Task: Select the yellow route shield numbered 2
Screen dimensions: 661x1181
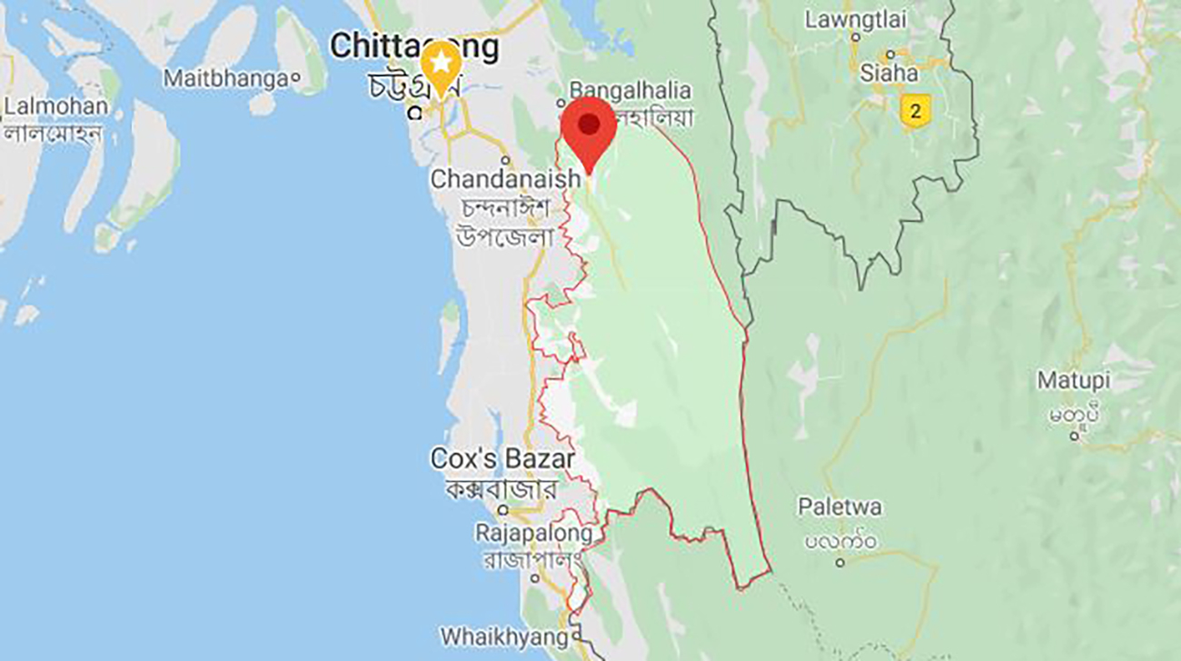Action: (915, 112)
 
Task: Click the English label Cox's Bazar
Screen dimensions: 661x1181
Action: (502, 459)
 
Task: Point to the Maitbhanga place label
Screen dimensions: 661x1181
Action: (225, 79)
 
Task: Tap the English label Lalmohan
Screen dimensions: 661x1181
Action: (55, 106)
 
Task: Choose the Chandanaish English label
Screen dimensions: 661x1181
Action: (504, 179)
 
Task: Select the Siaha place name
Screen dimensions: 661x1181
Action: (888, 74)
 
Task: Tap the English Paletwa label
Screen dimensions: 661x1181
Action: (839, 507)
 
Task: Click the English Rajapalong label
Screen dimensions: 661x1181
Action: (533, 533)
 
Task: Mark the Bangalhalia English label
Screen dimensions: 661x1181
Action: (630, 91)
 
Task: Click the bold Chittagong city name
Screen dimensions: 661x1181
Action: (413, 46)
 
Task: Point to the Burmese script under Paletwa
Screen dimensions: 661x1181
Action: (840, 541)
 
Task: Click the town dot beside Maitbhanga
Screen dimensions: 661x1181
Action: (294, 80)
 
